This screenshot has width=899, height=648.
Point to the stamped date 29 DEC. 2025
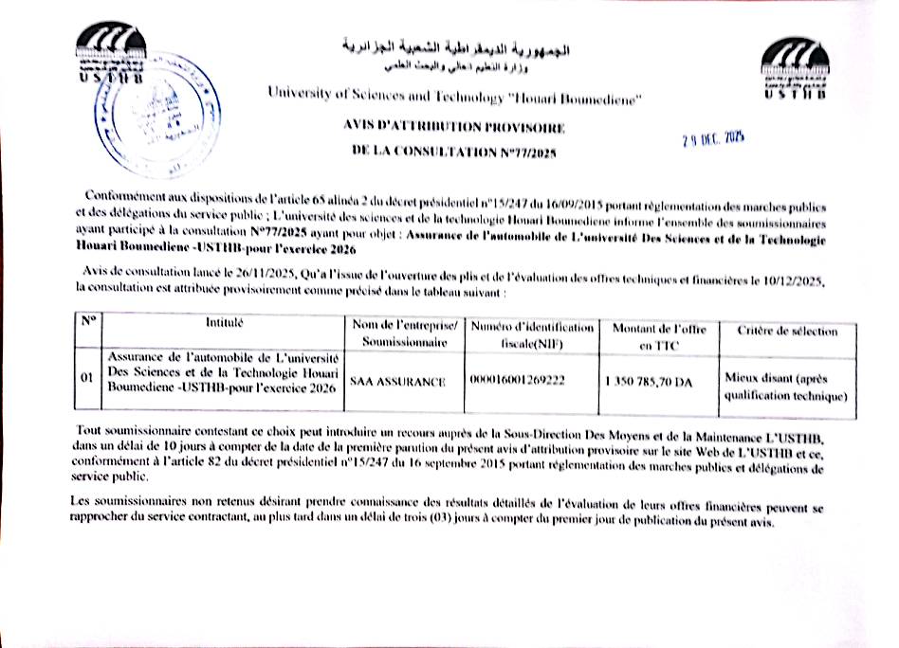point(713,139)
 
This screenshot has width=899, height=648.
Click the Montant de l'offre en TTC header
point(655,337)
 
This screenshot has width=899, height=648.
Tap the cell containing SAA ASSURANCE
point(397,381)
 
